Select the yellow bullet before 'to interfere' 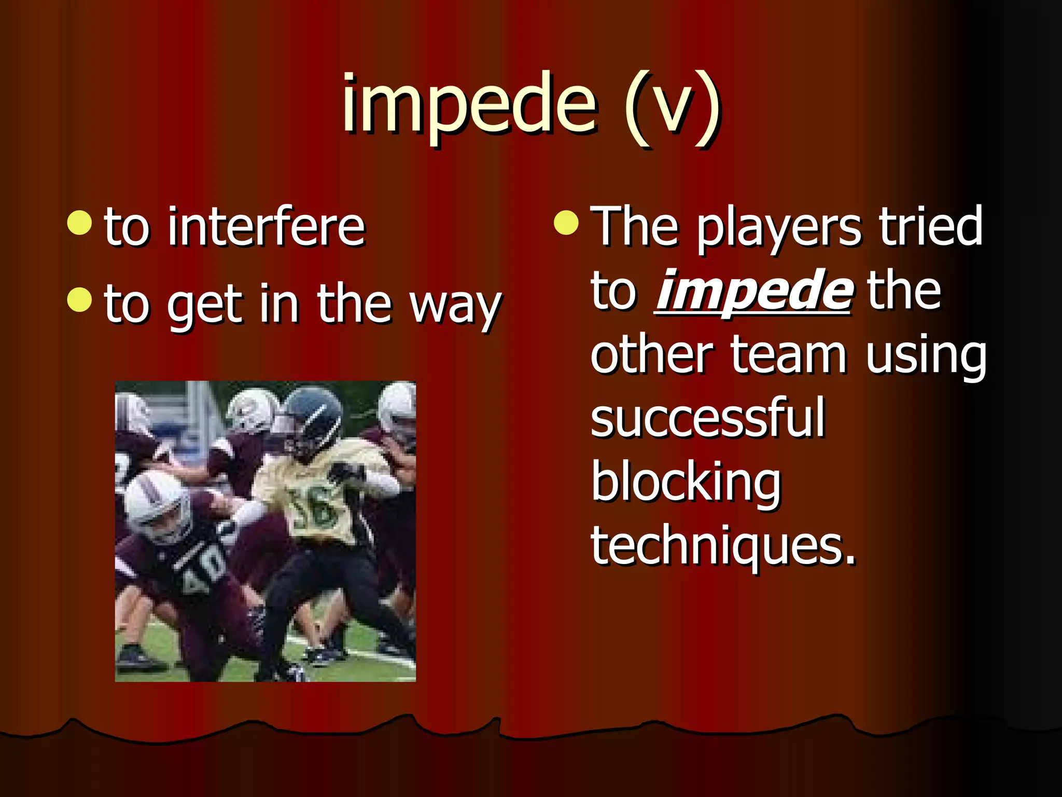point(80,223)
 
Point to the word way point(455,306)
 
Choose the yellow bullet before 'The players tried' point(566,223)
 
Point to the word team point(788,356)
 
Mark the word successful point(707,418)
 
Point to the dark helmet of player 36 point(312,415)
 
